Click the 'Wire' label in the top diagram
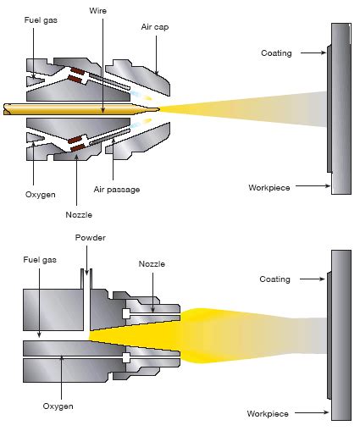(97, 10)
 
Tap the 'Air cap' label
(154, 27)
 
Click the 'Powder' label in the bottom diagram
(90, 238)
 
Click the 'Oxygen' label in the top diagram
(39, 194)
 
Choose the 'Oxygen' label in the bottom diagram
(58, 406)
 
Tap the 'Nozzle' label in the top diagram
(78, 214)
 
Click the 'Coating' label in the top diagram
(275, 53)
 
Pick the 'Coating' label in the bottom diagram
(274, 279)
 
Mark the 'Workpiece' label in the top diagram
(269, 186)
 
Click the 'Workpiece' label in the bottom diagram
(268, 413)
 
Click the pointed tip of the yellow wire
(158, 108)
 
